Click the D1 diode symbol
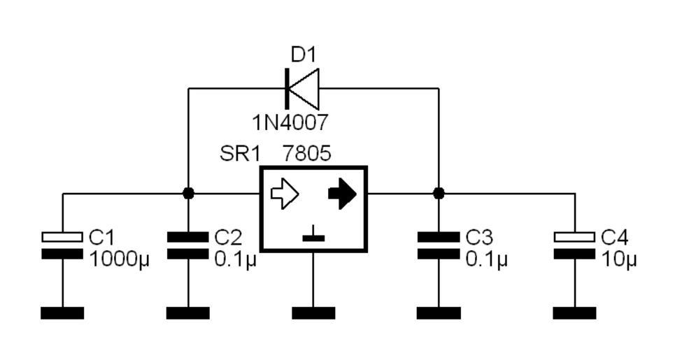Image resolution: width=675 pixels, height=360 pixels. (302, 88)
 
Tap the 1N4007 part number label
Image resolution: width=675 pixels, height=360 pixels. (290, 123)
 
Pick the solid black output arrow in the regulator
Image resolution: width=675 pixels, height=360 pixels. (342, 194)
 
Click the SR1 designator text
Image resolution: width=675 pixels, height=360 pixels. (240, 153)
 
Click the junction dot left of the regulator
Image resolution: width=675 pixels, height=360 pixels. (188, 193)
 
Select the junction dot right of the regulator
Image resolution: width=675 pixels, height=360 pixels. (439, 193)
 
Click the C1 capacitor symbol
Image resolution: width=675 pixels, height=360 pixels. (62, 245)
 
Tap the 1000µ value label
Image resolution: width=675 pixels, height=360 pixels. (120, 260)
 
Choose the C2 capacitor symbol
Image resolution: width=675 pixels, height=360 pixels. (188, 245)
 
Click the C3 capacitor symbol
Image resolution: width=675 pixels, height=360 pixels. (439, 245)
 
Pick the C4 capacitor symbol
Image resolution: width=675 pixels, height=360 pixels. (575, 245)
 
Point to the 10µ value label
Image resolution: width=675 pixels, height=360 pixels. (619, 260)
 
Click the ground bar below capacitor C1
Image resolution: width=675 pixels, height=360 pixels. (62, 312)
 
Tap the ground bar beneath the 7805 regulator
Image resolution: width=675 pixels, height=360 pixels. (313, 312)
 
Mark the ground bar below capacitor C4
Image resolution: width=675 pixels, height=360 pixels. (575, 312)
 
